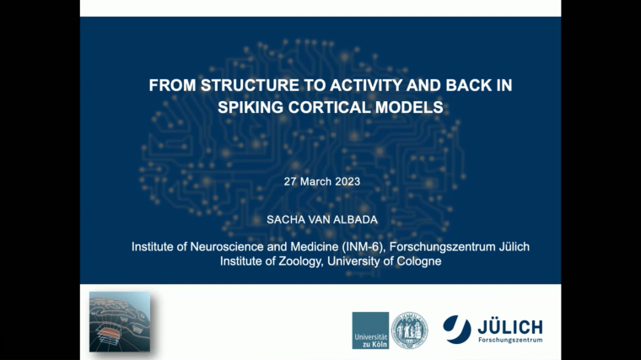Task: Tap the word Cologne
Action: pyautogui.click(x=418, y=261)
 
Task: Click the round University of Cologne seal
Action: pyautogui.click(x=409, y=330)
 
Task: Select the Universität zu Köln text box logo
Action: pyautogui.click(x=370, y=330)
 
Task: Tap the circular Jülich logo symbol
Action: pyautogui.click(x=456, y=328)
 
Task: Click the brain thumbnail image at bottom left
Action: pyautogui.click(x=120, y=321)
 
